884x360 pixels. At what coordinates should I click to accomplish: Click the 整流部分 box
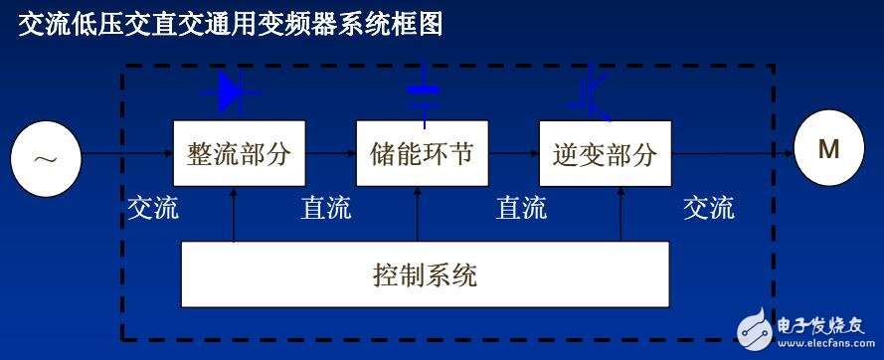(x=239, y=154)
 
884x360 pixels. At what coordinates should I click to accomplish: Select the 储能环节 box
(x=422, y=154)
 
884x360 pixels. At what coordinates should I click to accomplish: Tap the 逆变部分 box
(x=605, y=154)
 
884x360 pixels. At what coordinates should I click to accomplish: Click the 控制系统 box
(x=424, y=273)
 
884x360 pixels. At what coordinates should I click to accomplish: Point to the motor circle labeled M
(x=828, y=152)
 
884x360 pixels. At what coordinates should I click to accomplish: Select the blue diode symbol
(x=231, y=92)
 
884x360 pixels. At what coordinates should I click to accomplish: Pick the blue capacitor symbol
(x=424, y=95)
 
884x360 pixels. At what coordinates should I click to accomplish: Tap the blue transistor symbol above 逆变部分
(x=595, y=92)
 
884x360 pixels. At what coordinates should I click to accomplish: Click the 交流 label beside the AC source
(x=153, y=208)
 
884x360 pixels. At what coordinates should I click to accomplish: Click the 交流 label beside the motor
(x=709, y=208)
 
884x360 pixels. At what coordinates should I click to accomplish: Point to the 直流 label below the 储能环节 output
(x=521, y=208)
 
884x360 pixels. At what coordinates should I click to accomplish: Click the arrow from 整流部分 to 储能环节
(x=330, y=154)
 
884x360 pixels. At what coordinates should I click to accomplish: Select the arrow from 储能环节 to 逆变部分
(x=513, y=154)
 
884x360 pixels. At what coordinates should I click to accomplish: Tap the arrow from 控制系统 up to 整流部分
(x=234, y=214)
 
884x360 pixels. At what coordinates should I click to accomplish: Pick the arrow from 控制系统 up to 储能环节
(x=421, y=214)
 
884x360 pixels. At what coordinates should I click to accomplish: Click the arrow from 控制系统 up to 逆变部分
(x=620, y=214)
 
